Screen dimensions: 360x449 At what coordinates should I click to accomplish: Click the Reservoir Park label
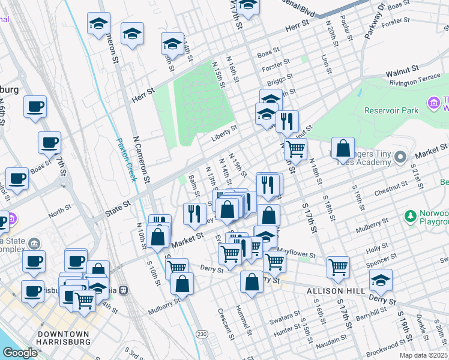[x=391, y=110]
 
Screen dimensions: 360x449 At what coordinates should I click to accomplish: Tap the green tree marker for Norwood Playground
[x=411, y=215]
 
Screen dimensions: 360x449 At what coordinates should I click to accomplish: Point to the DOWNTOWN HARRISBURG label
[x=64, y=339]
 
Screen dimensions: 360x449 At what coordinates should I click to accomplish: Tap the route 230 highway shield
[x=203, y=334]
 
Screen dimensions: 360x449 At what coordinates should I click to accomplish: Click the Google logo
[x=19, y=353]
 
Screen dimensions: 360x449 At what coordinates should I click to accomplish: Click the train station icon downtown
[x=124, y=289]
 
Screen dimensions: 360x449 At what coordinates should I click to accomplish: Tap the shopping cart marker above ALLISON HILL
[x=339, y=268]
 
